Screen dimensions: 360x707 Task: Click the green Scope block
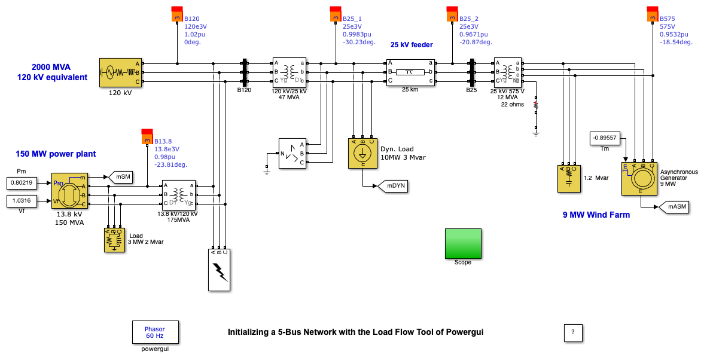pyautogui.click(x=462, y=243)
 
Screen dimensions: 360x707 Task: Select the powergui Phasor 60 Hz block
pyautogui.click(x=155, y=332)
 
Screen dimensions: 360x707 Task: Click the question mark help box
pyautogui.click(x=572, y=332)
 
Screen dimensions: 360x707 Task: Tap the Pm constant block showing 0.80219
pyautogui.click(x=22, y=182)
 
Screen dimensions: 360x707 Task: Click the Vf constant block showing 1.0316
pyautogui.click(x=22, y=200)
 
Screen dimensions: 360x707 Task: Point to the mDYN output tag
pyautogui.click(x=392, y=186)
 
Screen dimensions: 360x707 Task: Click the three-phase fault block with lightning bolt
pyautogui.click(x=219, y=269)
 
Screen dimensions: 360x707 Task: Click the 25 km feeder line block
pyautogui.click(x=410, y=72)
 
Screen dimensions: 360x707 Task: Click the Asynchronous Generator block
pyautogui.click(x=638, y=178)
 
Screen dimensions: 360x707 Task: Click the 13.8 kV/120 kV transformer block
pyautogui.click(x=179, y=194)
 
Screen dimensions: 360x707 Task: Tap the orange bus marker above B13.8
pyautogui.click(x=147, y=137)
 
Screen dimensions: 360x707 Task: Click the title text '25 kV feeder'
pyautogui.click(x=412, y=45)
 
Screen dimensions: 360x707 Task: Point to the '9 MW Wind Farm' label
pyautogui.click(x=596, y=215)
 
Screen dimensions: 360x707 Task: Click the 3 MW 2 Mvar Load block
pyautogui.click(x=114, y=240)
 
